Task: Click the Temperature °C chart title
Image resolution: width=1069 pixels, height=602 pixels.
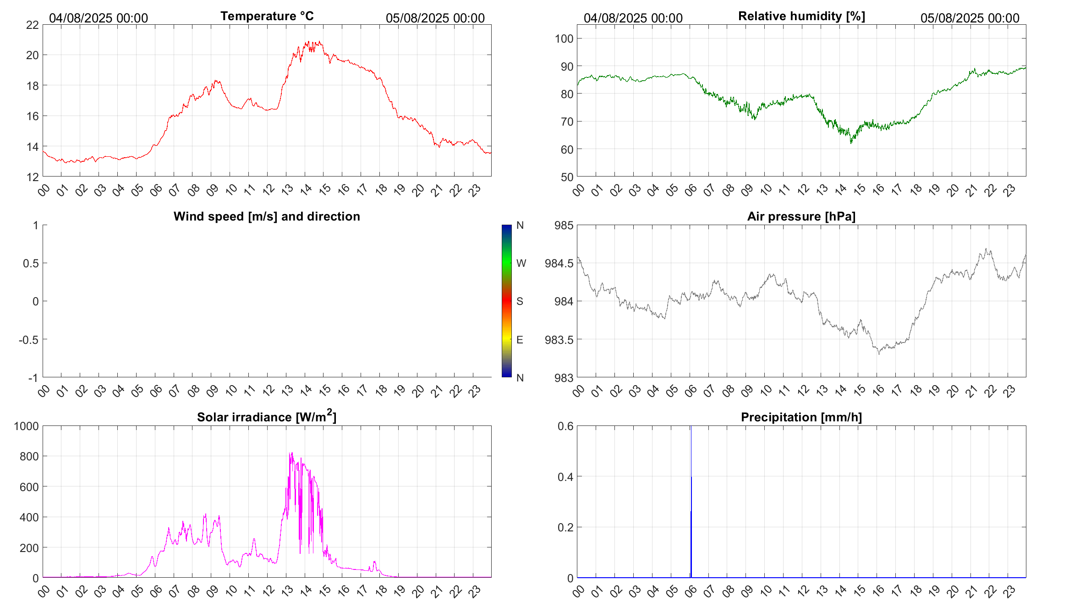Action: (267, 16)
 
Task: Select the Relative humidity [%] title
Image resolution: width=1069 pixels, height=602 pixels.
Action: (801, 16)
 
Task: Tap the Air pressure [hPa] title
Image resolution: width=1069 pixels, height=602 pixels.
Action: (801, 216)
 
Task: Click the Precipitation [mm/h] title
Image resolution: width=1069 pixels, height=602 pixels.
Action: (801, 417)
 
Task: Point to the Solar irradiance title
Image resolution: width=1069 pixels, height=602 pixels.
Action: (267, 417)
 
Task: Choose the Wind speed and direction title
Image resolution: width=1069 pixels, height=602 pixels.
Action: (267, 216)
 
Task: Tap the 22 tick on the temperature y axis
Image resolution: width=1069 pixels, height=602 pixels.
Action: (33, 25)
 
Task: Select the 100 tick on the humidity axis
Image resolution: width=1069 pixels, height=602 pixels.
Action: (564, 39)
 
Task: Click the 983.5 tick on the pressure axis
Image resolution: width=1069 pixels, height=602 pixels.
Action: (559, 340)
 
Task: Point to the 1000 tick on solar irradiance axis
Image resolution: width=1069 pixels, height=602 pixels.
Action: (27, 426)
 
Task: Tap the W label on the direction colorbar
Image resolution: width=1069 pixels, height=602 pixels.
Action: (521, 263)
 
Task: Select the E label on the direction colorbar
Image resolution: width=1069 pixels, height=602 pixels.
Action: (520, 340)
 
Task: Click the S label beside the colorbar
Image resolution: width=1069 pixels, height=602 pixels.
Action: (520, 301)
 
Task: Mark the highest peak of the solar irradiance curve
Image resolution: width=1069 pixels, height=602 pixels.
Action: (291, 453)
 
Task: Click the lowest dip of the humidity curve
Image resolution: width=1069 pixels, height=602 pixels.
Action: (851, 143)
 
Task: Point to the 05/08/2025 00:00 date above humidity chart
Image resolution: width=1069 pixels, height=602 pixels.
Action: (970, 18)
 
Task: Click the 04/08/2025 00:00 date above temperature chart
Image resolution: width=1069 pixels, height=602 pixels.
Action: (99, 18)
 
